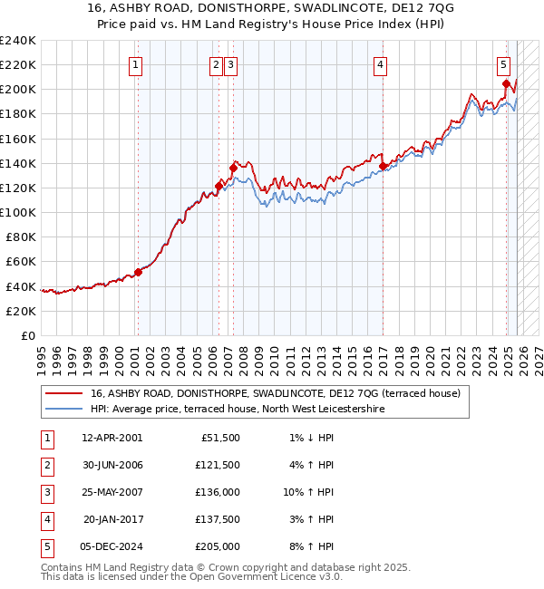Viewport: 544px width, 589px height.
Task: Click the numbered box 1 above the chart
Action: [x=135, y=64]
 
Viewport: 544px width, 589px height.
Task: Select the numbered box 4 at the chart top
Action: [x=380, y=64]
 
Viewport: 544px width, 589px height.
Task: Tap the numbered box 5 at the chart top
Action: [x=503, y=64]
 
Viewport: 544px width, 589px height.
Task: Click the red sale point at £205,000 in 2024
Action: [x=506, y=83]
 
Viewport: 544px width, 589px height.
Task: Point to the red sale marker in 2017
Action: [x=383, y=166]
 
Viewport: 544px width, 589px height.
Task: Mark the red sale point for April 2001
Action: [x=138, y=272]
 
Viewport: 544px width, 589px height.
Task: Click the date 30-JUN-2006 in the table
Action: [x=112, y=465]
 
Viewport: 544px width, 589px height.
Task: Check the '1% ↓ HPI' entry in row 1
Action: [x=309, y=438]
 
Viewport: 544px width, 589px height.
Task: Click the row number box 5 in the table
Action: [x=46, y=546]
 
